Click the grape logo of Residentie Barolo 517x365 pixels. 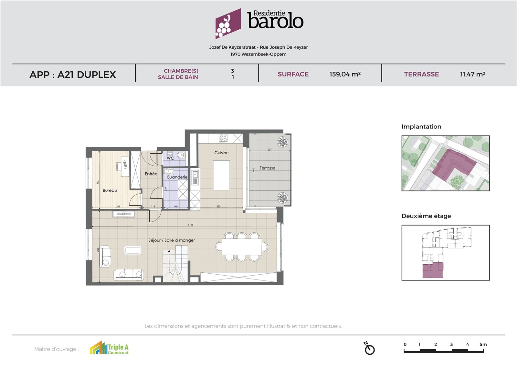(228, 24)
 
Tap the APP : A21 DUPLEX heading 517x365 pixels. (73, 75)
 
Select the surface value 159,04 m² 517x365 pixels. (345, 74)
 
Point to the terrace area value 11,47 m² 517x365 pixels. (472, 74)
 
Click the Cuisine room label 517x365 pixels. (221, 153)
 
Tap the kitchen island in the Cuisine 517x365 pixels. (221, 176)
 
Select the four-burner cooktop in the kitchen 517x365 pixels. (223, 138)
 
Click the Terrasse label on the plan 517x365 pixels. (267, 168)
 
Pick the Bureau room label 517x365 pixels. (110, 190)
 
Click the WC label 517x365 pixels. (170, 158)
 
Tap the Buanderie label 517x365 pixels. (177, 177)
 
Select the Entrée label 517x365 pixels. (151, 174)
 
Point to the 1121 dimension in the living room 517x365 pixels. (190, 225)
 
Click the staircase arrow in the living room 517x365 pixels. (169, 251)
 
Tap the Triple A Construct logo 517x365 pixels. (109, 349)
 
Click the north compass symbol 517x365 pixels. (369, 348)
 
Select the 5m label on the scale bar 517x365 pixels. (483, 344)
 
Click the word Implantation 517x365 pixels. (421, 127)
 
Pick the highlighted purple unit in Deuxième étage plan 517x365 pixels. (432, 270)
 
